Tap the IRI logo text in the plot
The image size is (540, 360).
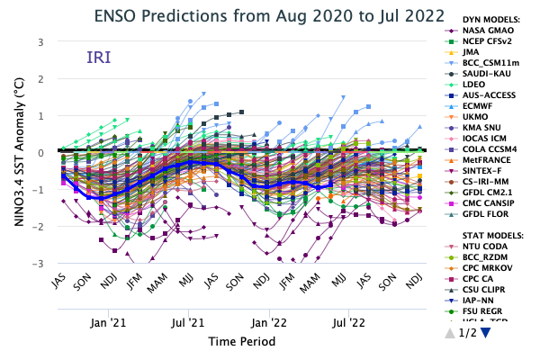coord(99,58)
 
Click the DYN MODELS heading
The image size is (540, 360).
coord(483,17)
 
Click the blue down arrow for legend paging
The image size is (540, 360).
coord(486,333)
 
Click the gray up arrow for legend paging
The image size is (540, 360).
coord(449,333)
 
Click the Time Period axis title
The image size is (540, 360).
coord(241,341)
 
